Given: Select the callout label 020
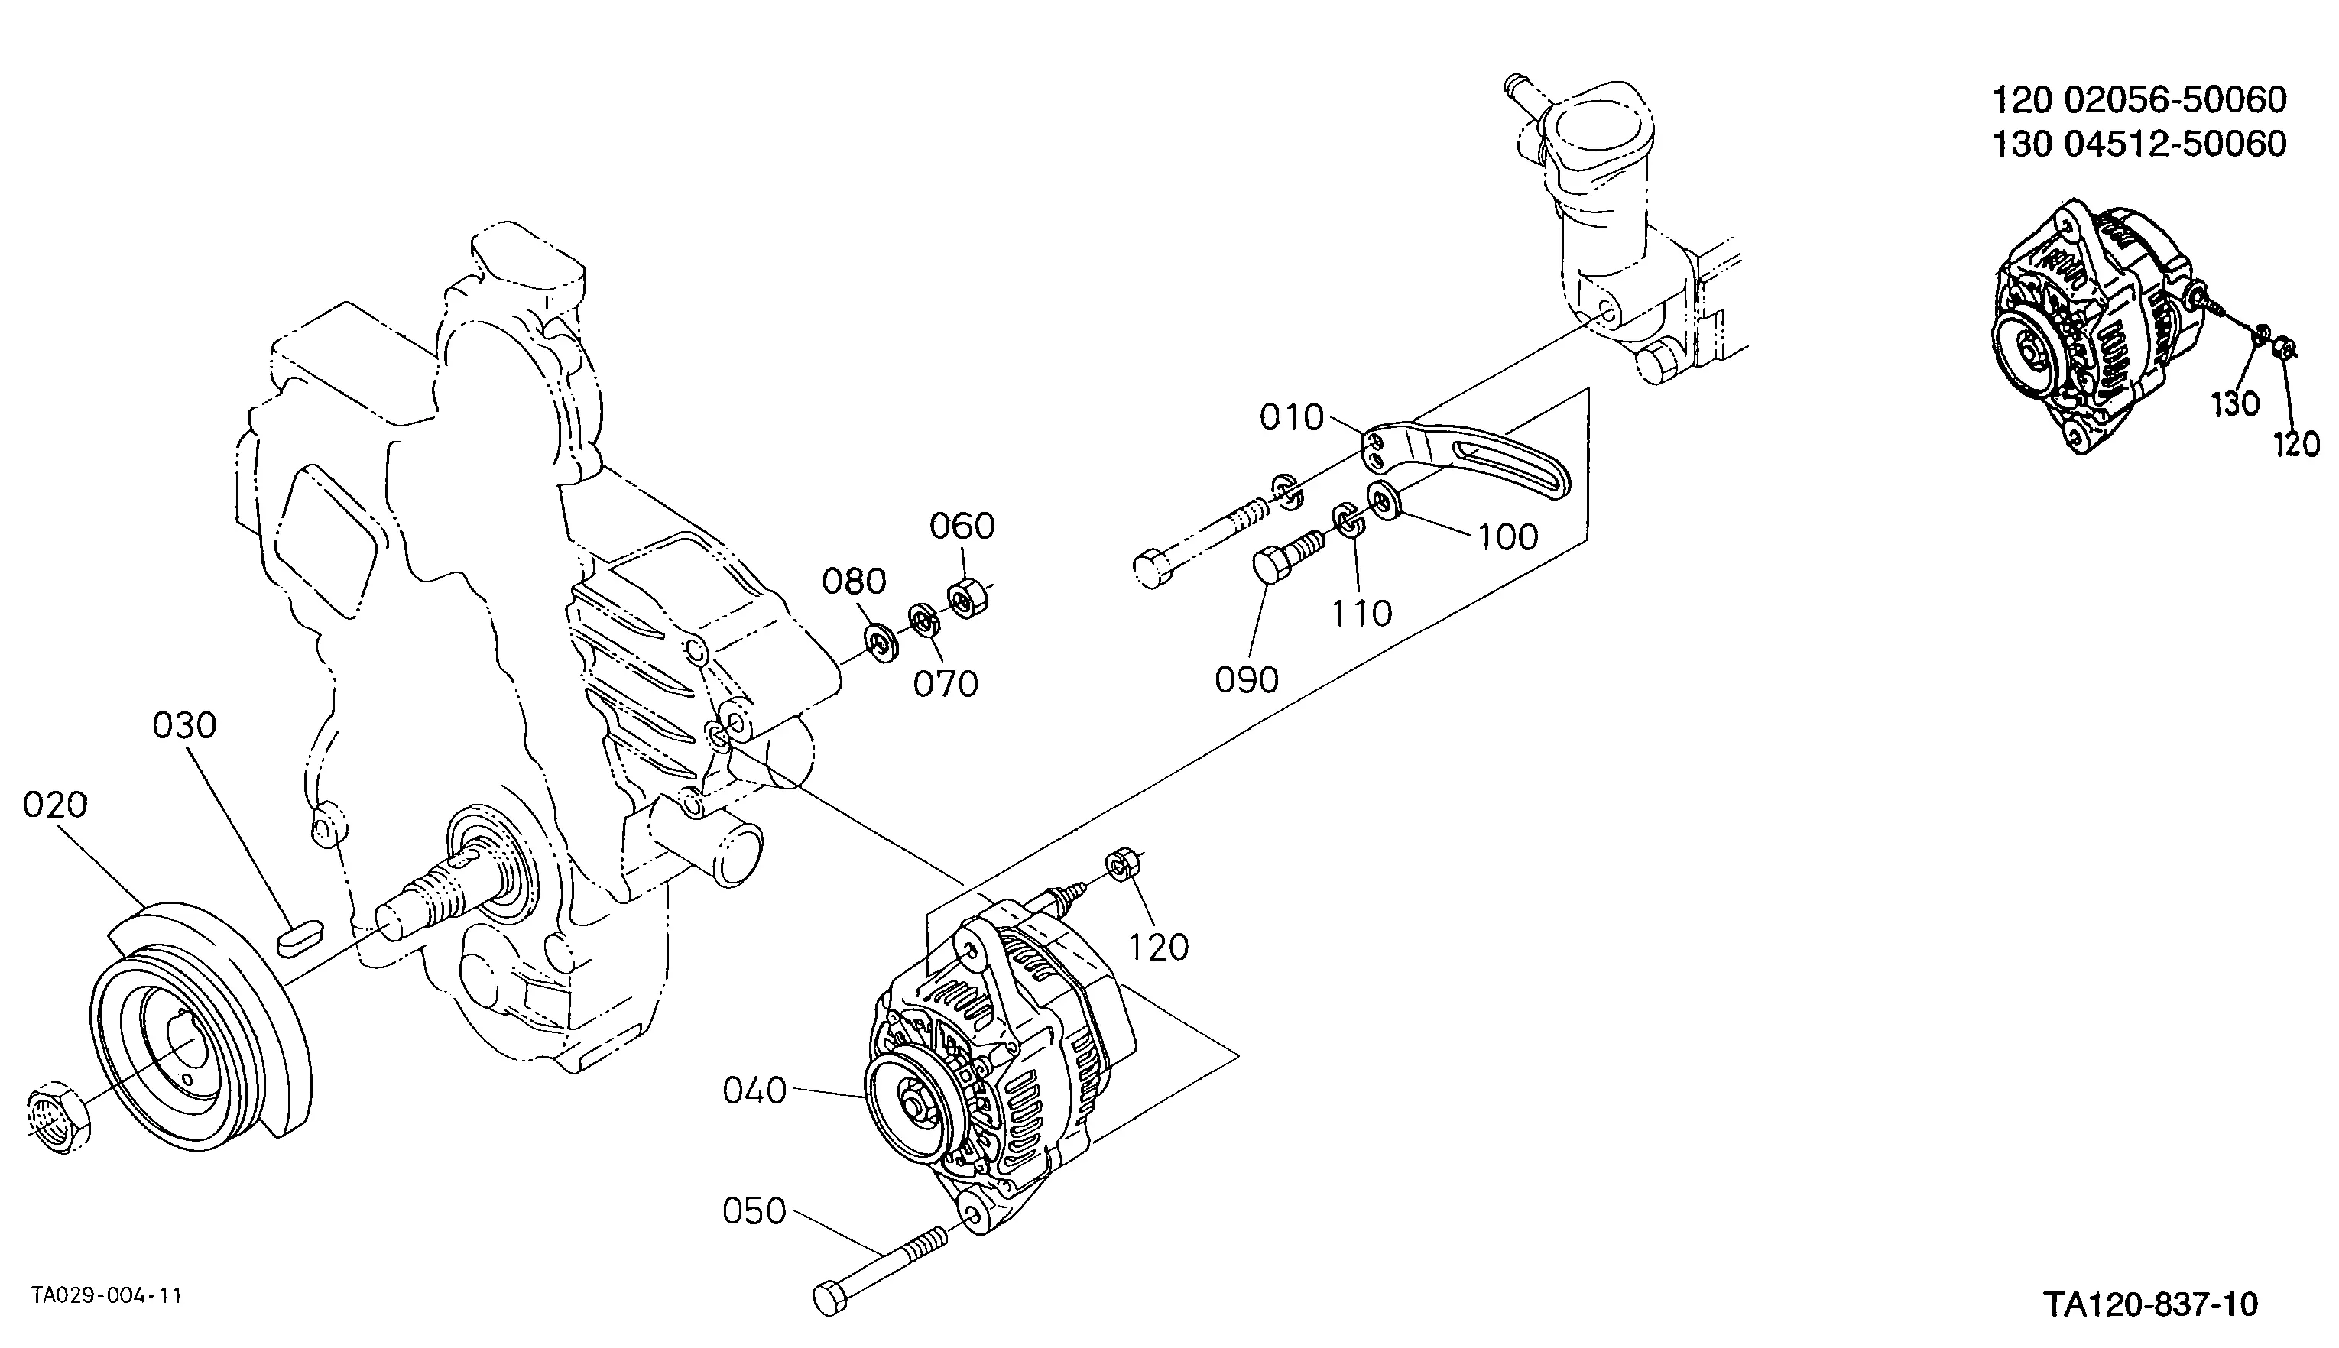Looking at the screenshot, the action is (x=56, y=805).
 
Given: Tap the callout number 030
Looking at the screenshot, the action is (x=184, y=725).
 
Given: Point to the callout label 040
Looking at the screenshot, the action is (x=754, y=1090).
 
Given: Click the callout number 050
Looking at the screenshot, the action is (x=754, y=1211).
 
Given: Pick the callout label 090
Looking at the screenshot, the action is (x=1247, y=680).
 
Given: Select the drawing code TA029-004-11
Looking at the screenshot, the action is (x=106, y=1295).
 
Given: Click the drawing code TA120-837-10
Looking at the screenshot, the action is (x=2151, y=1304).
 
